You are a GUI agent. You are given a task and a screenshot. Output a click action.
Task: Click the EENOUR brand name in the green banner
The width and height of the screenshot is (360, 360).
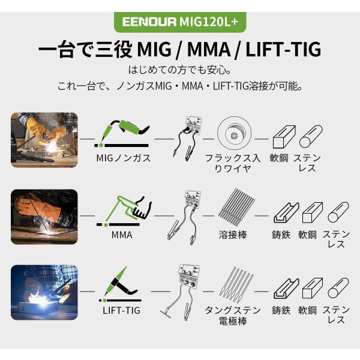(x=149, y=22)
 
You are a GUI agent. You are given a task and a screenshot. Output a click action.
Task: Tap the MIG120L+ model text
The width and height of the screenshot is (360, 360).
(x=208, y=22)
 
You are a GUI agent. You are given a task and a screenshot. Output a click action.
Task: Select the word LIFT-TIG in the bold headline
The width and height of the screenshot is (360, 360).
(x=283, y=49)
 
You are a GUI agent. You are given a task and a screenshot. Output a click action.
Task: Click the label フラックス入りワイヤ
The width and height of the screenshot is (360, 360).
(x=233, y=163)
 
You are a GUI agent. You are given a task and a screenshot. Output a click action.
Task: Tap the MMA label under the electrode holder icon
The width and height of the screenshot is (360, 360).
(x=122, y=235)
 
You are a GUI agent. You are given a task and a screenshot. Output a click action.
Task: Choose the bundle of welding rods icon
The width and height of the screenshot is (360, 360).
(x=236, y=207)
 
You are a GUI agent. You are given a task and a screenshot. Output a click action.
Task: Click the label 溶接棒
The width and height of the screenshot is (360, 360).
(x=233, y=235)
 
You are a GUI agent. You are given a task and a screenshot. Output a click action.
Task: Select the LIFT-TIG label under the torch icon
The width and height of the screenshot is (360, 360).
(x=121, y=310)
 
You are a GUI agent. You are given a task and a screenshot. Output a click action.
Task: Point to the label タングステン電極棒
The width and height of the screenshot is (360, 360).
(x=233, y=316)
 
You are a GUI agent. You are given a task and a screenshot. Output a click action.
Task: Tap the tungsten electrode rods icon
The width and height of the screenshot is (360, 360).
(x=237, y=284)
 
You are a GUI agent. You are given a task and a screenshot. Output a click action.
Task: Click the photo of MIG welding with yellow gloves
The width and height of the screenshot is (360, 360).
(x=44, y=140)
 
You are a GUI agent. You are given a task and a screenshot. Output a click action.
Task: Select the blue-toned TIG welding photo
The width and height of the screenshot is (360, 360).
(x=44, y=292)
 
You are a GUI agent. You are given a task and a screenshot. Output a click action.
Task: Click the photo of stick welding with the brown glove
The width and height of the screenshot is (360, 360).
(x=44, y=217)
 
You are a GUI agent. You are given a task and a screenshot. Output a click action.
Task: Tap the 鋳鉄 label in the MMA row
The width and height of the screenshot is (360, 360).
(x=281, y=235)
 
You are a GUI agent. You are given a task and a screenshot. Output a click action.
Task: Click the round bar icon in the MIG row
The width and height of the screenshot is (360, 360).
(x=311, y=136)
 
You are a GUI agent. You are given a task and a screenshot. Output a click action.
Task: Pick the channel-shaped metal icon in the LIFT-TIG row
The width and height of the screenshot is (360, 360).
(x=286, y=288)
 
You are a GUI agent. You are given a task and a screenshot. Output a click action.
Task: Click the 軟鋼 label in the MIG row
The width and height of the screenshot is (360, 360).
(x=279, y=158)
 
